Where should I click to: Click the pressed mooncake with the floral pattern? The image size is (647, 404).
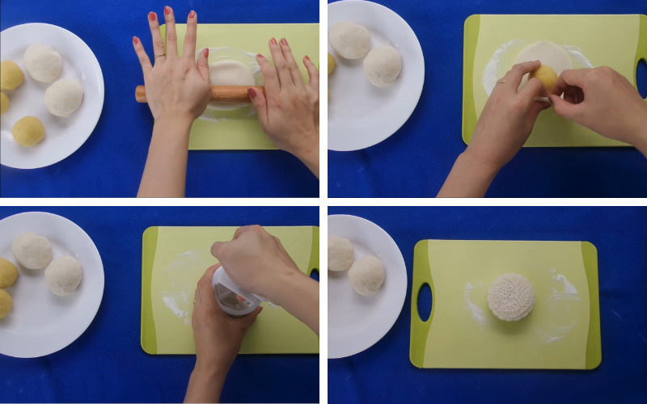coord(511,296)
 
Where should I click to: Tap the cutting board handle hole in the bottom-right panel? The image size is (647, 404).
coord(424,301)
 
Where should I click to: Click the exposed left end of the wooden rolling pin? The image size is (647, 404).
coord(142,94)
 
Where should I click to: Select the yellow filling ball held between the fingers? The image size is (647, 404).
coord(544,78)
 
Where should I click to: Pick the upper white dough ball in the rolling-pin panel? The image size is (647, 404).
coord(43,63)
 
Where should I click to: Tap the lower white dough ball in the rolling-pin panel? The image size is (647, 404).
coord(64,98)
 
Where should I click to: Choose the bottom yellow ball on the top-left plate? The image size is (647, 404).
coord(28,131)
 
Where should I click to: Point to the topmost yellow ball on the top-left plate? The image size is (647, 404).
coord(11,75)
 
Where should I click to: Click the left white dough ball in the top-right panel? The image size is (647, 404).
coord(350,40)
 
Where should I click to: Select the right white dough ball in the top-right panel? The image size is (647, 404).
coord(383,65)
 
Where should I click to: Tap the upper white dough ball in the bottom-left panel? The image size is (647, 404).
coord(32,250)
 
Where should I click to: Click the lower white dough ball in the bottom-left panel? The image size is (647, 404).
coord(63,276)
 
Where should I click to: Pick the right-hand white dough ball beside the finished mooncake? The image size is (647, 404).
coord(366,275)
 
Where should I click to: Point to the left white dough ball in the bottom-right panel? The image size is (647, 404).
coord(340,254)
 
